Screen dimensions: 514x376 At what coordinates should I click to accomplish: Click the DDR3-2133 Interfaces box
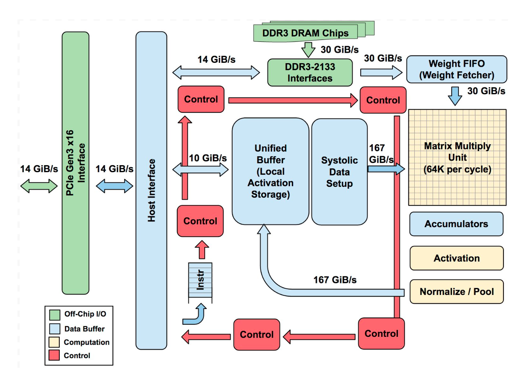[x=310, y=72]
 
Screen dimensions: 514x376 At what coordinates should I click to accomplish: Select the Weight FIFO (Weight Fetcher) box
[x=457, y=69]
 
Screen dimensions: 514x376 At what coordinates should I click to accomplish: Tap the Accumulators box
[x=456, y=224]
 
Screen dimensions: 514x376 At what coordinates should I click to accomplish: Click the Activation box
[x=457, y=258]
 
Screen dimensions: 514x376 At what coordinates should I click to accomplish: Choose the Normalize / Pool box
[x=457, y=291]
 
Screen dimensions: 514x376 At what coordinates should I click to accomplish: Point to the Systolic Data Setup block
[x=339, y=172]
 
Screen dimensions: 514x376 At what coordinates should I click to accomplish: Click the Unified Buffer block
[x=271, y=171]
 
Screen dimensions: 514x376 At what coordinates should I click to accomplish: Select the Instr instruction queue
[x=200, y=280]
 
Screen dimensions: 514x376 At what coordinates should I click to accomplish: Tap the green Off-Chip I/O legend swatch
[x=55, y=314]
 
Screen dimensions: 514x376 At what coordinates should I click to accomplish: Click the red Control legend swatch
[x=54, y=355]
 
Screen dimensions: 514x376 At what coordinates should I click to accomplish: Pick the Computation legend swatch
[x=54, y=342]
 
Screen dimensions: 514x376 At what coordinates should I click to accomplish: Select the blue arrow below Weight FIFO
[x=455, y=96]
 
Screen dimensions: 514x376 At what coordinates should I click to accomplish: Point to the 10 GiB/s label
[x=208, y=158]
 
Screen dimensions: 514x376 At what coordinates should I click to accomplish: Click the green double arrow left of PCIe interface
[x=39, y=186]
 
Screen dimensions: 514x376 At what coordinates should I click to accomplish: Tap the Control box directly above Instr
[x=200, y=221]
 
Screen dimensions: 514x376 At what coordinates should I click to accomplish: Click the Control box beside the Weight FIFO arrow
[x=383, y=100]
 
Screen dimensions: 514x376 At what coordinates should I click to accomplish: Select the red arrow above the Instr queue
[x=202, y=250]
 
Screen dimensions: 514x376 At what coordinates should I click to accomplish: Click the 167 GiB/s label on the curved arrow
[x=335, y=280]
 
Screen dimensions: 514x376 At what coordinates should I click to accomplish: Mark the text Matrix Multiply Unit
[x=457, y=152]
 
